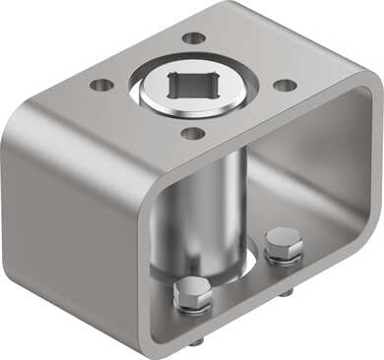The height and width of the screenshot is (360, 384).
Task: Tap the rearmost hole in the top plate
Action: point(194,38)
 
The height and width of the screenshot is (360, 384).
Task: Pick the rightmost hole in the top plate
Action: point(285,85)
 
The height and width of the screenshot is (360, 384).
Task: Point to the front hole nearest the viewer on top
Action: point(194,133)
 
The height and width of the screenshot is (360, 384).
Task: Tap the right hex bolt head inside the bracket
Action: point(283,243)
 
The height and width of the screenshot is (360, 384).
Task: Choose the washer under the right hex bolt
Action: point(283,258)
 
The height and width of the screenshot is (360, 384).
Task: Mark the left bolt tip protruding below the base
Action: point(196,340)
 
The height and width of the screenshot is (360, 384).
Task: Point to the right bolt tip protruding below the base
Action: point(287,293)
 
